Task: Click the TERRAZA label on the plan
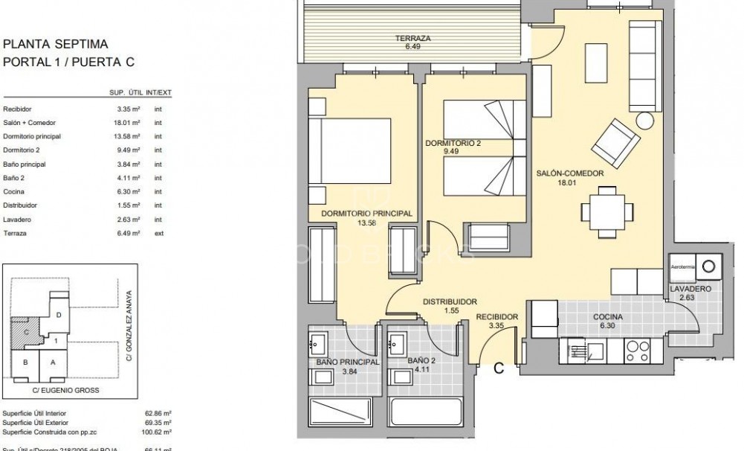coord(413,39)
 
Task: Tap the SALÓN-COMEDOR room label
coord(570,173)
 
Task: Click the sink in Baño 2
coord(396,345)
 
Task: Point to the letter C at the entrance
coord(499,367)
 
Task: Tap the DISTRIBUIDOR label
coord(449,302)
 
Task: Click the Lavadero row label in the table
coord(17,220)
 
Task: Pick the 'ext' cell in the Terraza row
coord(158,233)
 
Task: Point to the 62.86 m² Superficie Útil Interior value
coord(158,413)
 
